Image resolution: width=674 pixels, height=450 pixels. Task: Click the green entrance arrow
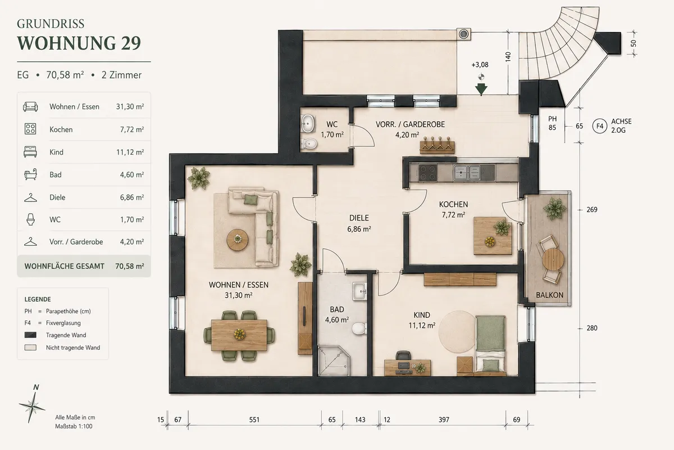click(x=481, y=90)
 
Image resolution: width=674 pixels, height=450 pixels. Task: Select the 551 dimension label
click(x=254, y=420)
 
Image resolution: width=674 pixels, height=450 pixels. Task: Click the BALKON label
click(x=549, y=295)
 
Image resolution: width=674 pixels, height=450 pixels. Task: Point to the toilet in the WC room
click(x=309, y=143)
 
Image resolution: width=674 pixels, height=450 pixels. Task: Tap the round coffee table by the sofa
click(x=238, y=240)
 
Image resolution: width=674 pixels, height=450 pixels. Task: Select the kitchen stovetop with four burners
click(x=428, y=173)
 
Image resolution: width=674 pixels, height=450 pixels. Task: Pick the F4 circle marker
click(x=600, y=126)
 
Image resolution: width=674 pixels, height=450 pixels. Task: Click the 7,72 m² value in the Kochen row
click(x=132, y=129)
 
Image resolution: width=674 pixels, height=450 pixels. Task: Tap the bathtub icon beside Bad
click(x=30, y=174)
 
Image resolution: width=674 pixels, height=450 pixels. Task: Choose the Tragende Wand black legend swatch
click(x=30, y=335)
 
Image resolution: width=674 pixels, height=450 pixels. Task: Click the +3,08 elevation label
click(x=480, y=65)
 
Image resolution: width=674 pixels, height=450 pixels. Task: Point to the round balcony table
click(x=553, y=259)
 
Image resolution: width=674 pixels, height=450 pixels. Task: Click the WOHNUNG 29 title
click(x=79, y=43)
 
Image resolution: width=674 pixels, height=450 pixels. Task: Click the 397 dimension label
click(x=444, y=420)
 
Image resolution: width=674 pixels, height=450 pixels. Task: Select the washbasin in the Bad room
click(x=359, y=291)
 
